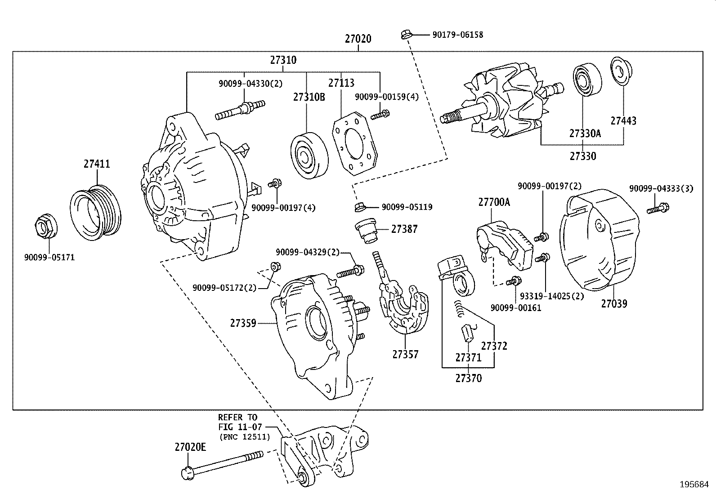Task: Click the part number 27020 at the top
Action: coord(358,39)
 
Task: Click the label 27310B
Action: coord(309,97)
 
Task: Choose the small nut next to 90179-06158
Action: coord(405,34)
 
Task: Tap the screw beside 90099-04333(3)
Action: coord(658,208)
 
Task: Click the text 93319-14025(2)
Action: coord(551,296)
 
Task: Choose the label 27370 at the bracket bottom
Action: coord(468,378)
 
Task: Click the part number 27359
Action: coord(243,323)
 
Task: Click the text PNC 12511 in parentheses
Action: coord(245,436)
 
